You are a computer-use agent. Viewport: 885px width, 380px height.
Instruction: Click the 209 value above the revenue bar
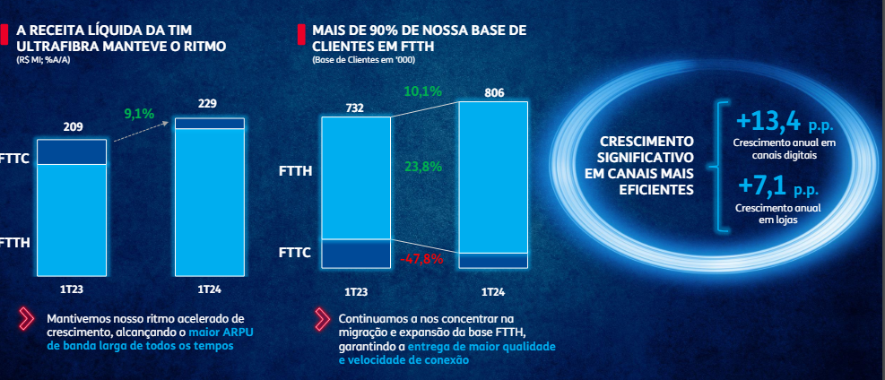pos(73,127)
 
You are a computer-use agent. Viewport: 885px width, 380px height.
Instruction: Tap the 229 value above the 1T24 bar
pos(207,104)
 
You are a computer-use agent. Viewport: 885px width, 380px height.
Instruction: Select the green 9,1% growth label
pos(139,114)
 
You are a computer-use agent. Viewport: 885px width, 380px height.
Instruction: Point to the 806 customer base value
pos(494,92)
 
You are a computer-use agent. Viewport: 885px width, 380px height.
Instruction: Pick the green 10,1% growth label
pos(423,91)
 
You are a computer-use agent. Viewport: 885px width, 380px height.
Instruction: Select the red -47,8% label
pos(421,259)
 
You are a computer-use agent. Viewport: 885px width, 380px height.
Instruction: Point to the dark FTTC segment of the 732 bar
pos(356,254)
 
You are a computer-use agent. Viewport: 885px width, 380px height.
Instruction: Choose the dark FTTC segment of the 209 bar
pos(71,151)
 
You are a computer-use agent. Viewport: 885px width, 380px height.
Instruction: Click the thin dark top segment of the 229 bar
pos(209,123)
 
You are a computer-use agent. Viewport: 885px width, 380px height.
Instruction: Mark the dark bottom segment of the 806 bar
pos(494,261)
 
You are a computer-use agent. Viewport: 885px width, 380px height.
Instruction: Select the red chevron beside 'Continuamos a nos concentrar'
pos(322,318)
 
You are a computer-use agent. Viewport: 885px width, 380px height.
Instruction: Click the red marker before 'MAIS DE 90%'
pos(300,35)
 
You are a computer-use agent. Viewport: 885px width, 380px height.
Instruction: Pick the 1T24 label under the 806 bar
pos(494,292)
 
